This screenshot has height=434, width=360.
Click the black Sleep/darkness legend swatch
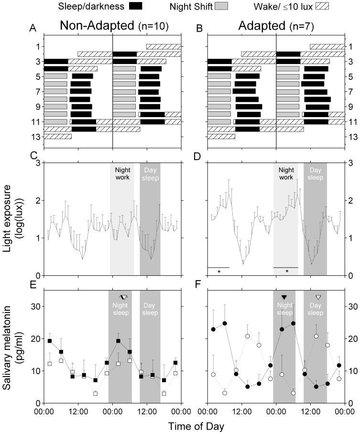pyautogui.click(x=136, y=6)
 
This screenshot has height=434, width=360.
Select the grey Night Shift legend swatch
pyautogui.click(x=221, y=6)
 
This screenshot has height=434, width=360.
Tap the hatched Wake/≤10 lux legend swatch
pyautogui.click(x=322, y=6)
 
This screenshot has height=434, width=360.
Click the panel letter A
pyautogui.click(x=33, y=28)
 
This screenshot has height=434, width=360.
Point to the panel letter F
pyautogui.click(x=198, y=284)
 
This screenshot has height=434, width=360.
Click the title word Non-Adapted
pyautogui.click(x=97, y=26)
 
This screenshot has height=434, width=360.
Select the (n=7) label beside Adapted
pyautogui.click(x=302, y=26)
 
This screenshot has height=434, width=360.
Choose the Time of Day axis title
pyautogui.click(x=196, y=426)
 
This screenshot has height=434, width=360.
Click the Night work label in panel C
pyautogui.click(x=122, y=174)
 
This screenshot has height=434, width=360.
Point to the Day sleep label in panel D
pyautogui.click(x=315, y=174)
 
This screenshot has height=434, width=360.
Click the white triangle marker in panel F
pyautogui.click(x=318, y=297)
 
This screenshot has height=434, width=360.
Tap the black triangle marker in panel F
pyautogui.click(x=284, y=297)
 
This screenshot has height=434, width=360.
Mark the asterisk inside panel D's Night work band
pyautogui.click(x=287, y=271)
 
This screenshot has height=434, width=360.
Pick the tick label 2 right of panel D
pyautogui.click(x=350, y=200)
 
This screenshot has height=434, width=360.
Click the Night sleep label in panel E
pyautogui.click(x=120, y=309)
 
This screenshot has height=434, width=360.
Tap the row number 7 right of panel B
pyautogui.click(x=350, y=92)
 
